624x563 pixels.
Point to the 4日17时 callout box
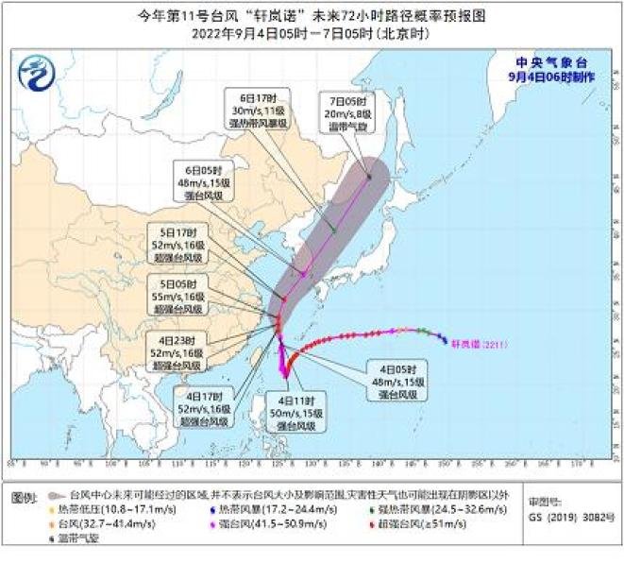[x=204, y=405]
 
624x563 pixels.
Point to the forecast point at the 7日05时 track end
[x=369, y=176]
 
